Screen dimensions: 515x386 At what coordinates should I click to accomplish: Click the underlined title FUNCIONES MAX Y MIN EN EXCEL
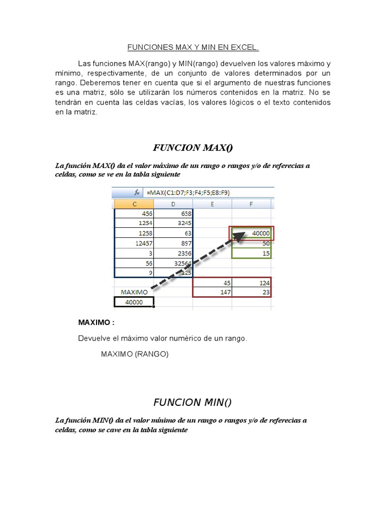(x=193, y=48)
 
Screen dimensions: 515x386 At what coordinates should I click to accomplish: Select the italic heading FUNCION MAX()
(x=193, y=147)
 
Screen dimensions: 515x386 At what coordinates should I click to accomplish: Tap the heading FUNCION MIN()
(x=193, y=402)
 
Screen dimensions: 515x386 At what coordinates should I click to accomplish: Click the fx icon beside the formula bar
(x=136, y=192)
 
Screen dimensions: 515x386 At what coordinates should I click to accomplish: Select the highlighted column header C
(x=134, y=204)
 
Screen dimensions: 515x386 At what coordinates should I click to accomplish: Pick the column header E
(x=212, y=204)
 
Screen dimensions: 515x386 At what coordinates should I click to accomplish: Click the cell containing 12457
(x=134, y=243)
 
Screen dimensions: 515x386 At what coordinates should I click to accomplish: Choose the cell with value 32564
(x=173, y=263)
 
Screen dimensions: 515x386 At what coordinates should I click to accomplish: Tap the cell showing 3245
(x=173, y=223)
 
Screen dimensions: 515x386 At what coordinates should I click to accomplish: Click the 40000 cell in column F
(x=251, y=233)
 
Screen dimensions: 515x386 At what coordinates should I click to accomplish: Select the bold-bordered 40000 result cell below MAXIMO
(x=134, y=302)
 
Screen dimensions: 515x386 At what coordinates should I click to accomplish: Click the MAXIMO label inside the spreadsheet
(x=134, y=292)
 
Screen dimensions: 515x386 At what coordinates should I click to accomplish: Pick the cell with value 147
(x=212, y=292)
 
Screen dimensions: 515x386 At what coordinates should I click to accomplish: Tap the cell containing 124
(x=251, y=282)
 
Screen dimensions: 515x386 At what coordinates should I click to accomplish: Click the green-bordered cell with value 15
(x=251, y=253)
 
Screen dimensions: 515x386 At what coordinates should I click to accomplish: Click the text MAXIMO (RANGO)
(x=135, y=354)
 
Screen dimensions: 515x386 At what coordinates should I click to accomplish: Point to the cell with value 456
(x=134, y=214)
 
